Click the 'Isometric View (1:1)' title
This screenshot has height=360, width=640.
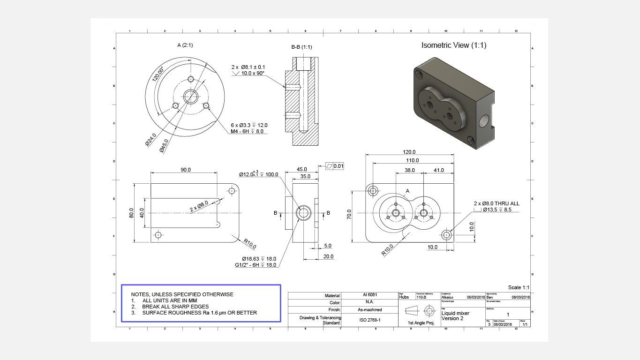[x=454, y=45]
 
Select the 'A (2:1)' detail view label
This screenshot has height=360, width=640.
[x=185, y=45]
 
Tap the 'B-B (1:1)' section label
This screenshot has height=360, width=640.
[x=301, y=47]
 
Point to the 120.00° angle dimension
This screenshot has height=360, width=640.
[x=158, y=74]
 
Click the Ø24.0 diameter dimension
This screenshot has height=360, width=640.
[x=151, y=141]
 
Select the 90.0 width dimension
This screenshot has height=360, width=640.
[x=186, y=170]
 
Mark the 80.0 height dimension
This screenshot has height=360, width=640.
[x=132, y=213]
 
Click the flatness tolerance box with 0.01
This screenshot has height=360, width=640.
[x=335, y=166]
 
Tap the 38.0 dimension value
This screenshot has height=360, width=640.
[x=409, y=170]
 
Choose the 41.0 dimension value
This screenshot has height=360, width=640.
[x=438, y=170]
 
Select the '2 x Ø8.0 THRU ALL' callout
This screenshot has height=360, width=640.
[x=496, y=204]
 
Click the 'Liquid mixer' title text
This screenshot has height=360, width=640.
[x=455, y=313]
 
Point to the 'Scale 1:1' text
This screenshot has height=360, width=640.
[x=519, y=287]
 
